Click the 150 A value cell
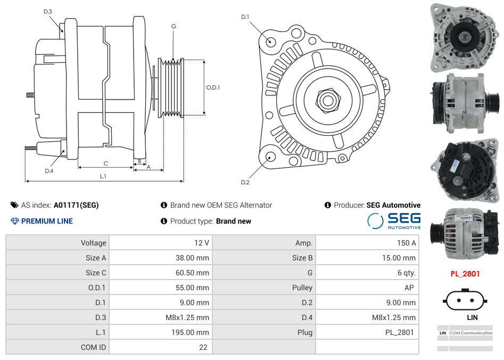pyautogui.click(x=406, y=243)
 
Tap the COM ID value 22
pyautogui.click(x=203, y=347)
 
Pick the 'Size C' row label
pyautogui.click(x=96, y=273)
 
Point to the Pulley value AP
pyautogui.click(x=408, y=288)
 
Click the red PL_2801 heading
pyautogui.click(x=465, y=274)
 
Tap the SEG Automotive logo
pyautogui.click(x=394, y=221)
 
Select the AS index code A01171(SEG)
pyautogui.click(x=76, y=205)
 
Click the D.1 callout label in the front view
pyautogui.click(x=245, y=17)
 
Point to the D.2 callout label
pyautogui.click(x=245, y=182)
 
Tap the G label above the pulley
pyautogui.click(x=173, y=26)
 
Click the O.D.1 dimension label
pyautogui.click(x=213, y=87)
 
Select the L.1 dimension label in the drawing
pyautogui.click(x=103, y=176)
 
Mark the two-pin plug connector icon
pyautogui.click(x=465, y=300)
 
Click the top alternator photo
pyautogui.click(x=464, y=37)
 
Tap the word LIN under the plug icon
pyautogui.click(x=472, y=317)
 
